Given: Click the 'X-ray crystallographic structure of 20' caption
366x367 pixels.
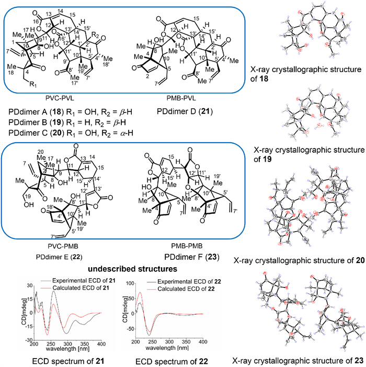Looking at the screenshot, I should (299, 260).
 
